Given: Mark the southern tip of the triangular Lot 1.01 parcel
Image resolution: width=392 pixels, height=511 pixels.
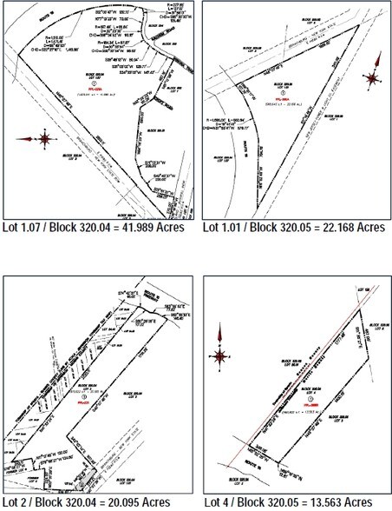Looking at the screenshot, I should pos(257,205).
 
